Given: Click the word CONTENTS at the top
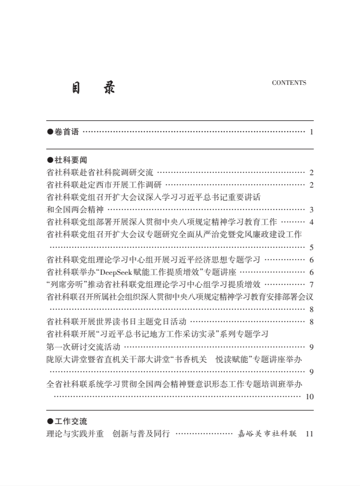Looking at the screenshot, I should coord(289,83).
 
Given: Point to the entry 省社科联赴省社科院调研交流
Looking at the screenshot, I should coord(99,173).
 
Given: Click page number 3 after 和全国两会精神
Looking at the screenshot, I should coord(310,210).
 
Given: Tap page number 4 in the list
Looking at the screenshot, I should coord(310,222).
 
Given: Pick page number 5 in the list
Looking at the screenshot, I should coord(310,248).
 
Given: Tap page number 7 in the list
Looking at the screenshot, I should coord(310,284).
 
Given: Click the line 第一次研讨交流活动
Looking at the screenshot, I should coord(83,346).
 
